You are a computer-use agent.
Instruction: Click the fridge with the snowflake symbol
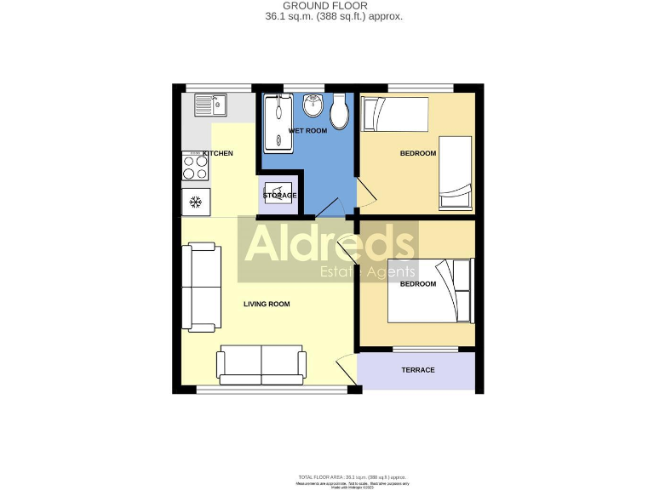[x=195, y=202]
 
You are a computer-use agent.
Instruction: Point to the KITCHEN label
[x=218, y=153]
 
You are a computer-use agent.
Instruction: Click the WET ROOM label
[x=307, y=131]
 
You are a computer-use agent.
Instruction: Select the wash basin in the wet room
[x=312, y=105]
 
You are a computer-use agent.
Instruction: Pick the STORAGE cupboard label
[x=279, y=196]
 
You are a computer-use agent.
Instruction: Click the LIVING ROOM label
[x=267, y=304]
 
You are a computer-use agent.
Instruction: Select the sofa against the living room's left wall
[x=202, y=288]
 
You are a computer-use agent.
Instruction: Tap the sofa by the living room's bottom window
[x=261, y=364]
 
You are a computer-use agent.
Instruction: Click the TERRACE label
[x=417, y=370]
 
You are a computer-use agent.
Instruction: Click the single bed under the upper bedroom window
[x=394, y=114]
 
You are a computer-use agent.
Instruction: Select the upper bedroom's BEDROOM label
[x=418, y=153]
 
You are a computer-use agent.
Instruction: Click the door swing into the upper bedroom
[x=364, y=194]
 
